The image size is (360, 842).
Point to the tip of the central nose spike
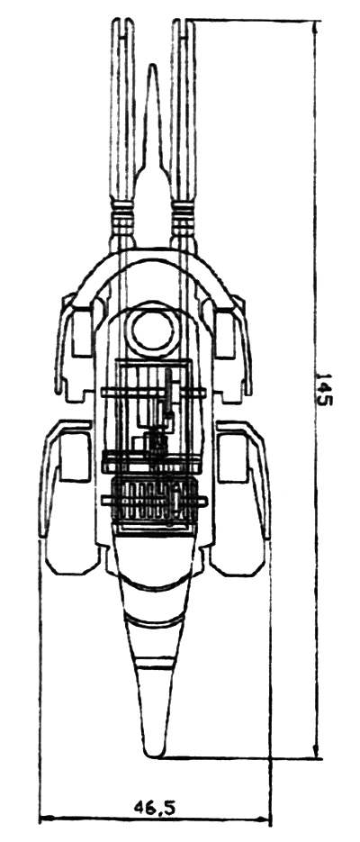click(x=153, y=65)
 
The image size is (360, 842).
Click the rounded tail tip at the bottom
click(x=155, y=754)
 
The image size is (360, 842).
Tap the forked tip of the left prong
click(x=122, y=24)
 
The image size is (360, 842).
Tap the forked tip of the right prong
click(x=184, y=24)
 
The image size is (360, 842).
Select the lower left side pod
click(x=69, y=497)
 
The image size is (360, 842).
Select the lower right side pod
click(x=240, y=497)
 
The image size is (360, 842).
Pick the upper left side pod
click(x=75, y=349)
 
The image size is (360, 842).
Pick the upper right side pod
click(x=232, y=349)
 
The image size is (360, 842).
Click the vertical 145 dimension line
click(x=316, y=390)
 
